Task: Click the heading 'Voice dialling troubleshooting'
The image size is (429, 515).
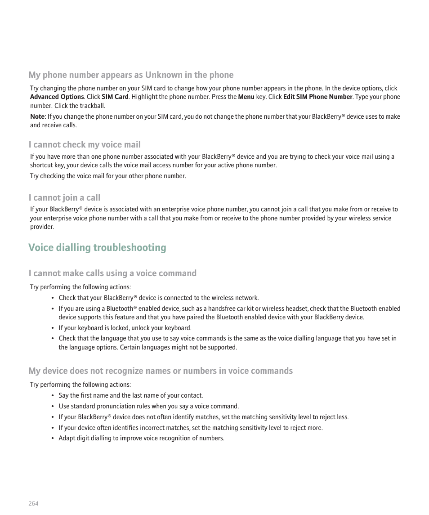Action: [97, 248]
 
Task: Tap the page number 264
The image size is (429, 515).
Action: [33, 503]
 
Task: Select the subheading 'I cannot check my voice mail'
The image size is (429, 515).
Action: [85, 144]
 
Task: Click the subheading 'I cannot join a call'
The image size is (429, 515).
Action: [64, 197]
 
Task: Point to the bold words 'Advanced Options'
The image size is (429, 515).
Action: [57, 97]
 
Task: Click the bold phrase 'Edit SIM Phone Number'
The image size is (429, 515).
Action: [317, 97]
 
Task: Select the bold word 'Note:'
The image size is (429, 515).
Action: [38, 117]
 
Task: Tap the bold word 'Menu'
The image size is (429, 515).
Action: [246, 97]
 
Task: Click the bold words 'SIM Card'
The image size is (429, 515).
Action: [115, 97]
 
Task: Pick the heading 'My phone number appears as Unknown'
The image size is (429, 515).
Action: [131, 75]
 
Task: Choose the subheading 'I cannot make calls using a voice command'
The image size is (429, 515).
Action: [112, 273]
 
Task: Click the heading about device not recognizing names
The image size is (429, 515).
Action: [161, 371]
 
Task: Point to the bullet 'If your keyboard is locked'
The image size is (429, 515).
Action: [125, 328]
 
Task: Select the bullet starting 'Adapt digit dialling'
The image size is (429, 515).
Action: [141, 438]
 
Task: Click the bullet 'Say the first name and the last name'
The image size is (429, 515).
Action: [130, 395]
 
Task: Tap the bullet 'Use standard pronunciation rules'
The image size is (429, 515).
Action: [148, 406]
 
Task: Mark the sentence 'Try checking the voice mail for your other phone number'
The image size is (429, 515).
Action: [108, 176]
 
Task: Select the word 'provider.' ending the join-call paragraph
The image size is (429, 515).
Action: [42, 227]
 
